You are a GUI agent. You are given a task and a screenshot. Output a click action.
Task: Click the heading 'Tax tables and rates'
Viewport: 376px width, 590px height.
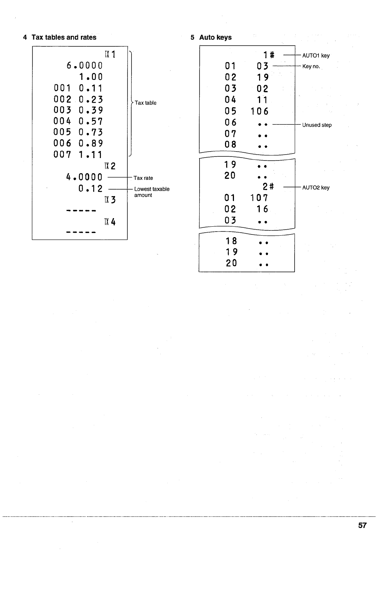[64, 37]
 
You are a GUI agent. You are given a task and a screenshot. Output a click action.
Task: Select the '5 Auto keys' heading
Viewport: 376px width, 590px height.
[211, 37]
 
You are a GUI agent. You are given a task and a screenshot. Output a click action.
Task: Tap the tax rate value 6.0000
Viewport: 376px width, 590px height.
[84, 66]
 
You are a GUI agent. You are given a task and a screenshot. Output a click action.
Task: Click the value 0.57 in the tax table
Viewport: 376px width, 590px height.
[91, 121]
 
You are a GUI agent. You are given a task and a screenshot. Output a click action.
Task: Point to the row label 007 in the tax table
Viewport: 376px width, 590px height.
[62, 155]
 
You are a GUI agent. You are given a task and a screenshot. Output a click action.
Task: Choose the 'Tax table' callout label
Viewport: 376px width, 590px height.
[145, 103]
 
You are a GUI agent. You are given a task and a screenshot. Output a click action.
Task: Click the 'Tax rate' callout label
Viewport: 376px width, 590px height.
[143, 178]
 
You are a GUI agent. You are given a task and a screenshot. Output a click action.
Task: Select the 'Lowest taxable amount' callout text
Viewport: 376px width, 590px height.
[151, 192]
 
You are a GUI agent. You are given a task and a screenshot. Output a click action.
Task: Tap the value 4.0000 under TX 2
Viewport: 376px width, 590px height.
[84, 177]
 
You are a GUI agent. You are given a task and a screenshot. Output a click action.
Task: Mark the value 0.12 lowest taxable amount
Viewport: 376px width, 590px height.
[91, 189]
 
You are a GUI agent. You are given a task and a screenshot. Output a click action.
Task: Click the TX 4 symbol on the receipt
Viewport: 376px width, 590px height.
[110, 222]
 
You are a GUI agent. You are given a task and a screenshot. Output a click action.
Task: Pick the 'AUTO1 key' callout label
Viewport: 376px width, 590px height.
[316, 56]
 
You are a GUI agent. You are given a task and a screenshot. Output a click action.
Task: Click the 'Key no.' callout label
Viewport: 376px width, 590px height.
[311, 66]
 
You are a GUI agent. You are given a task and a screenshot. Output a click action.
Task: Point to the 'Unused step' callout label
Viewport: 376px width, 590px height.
[317, 125]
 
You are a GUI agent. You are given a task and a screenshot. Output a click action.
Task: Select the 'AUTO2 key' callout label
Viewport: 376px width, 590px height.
[316, 187]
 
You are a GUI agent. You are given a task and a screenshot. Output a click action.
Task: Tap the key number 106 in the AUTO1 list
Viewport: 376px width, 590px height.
[259, 111]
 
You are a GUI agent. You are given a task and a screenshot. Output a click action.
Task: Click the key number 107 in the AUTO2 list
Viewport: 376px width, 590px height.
[259, 198]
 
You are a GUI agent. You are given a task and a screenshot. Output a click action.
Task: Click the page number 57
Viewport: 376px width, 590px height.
[362, 525]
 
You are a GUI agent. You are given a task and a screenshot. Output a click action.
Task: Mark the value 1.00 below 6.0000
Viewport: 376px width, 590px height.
[91, 77]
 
